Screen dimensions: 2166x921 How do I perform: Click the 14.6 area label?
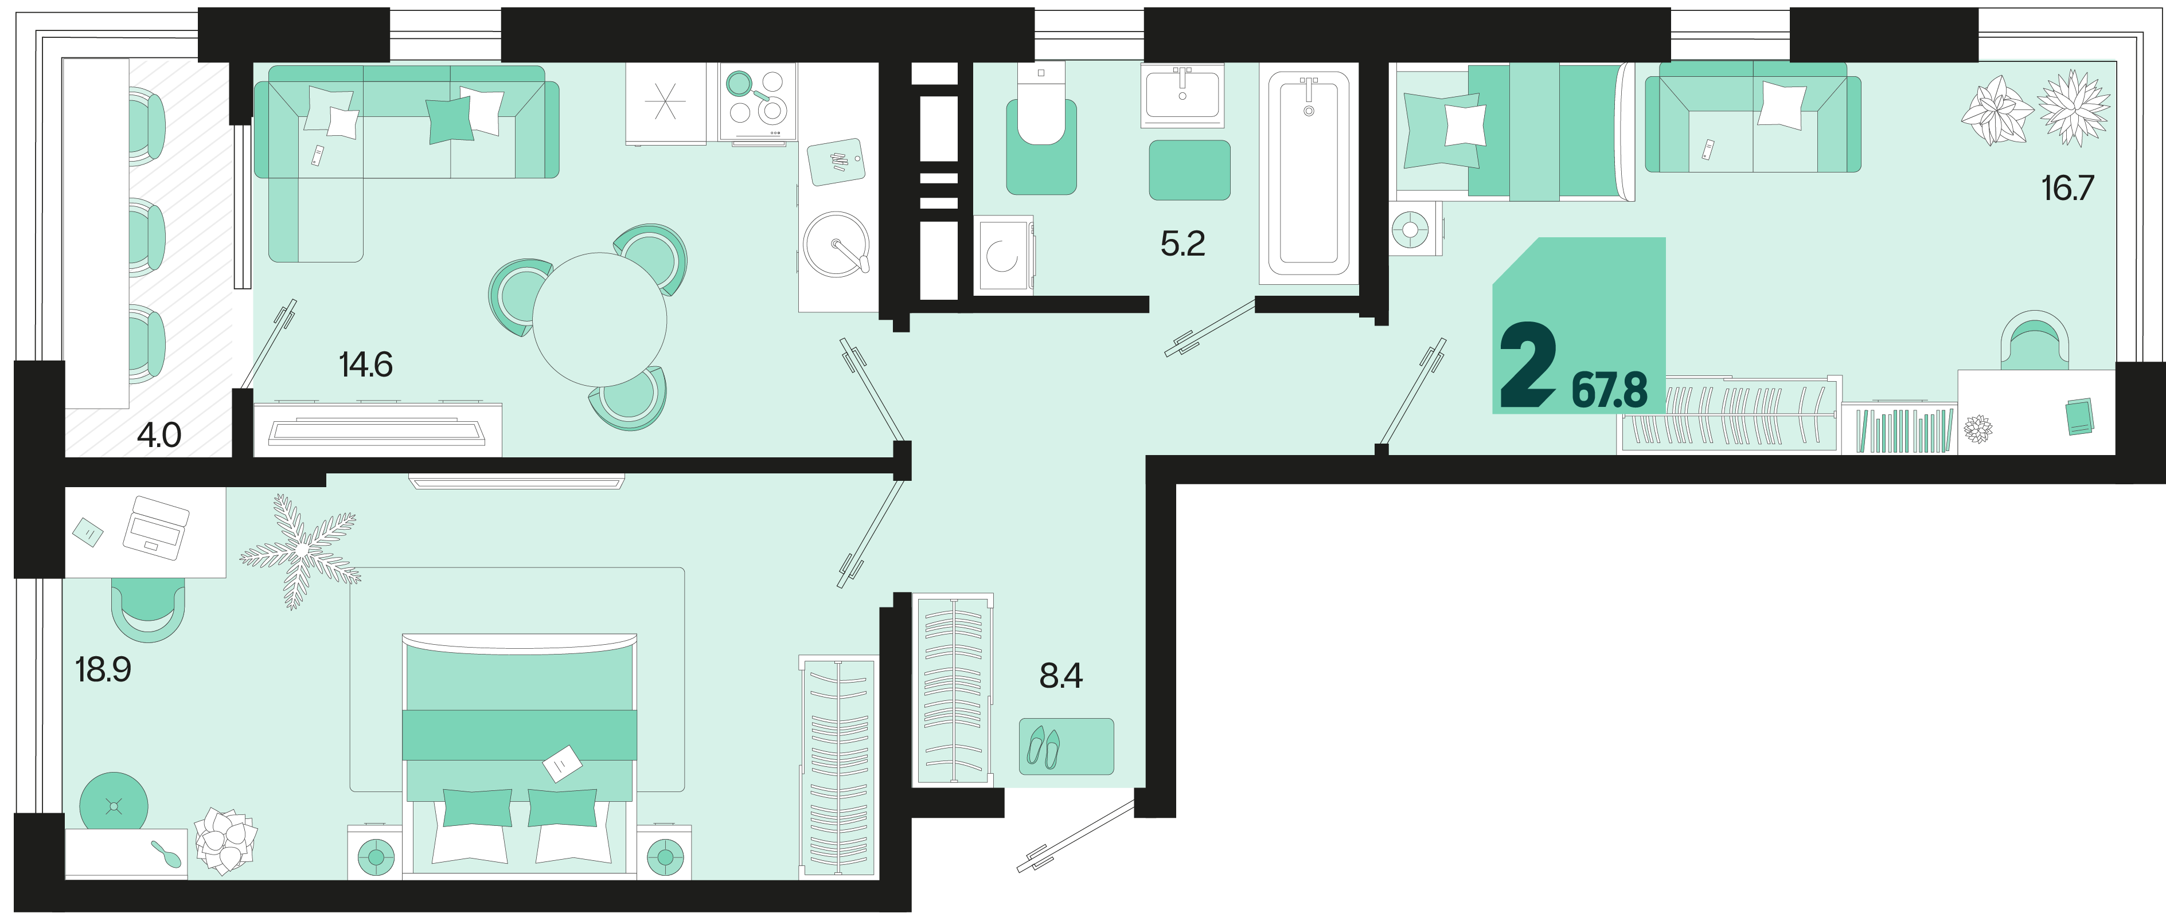pos(366,365)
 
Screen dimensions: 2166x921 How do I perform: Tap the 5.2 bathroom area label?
pos(1182,244)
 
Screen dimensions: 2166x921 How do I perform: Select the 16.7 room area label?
pos(2067,188)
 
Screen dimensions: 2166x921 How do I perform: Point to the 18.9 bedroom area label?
pos(103,670)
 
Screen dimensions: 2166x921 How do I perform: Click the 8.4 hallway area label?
pos(1060,676)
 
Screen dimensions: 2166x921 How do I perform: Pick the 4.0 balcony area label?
pos(159,436)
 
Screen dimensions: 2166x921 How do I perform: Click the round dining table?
pos(599,319)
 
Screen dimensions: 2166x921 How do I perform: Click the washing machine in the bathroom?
pos(1003,254)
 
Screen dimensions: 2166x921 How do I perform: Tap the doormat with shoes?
pos(1066,746)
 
